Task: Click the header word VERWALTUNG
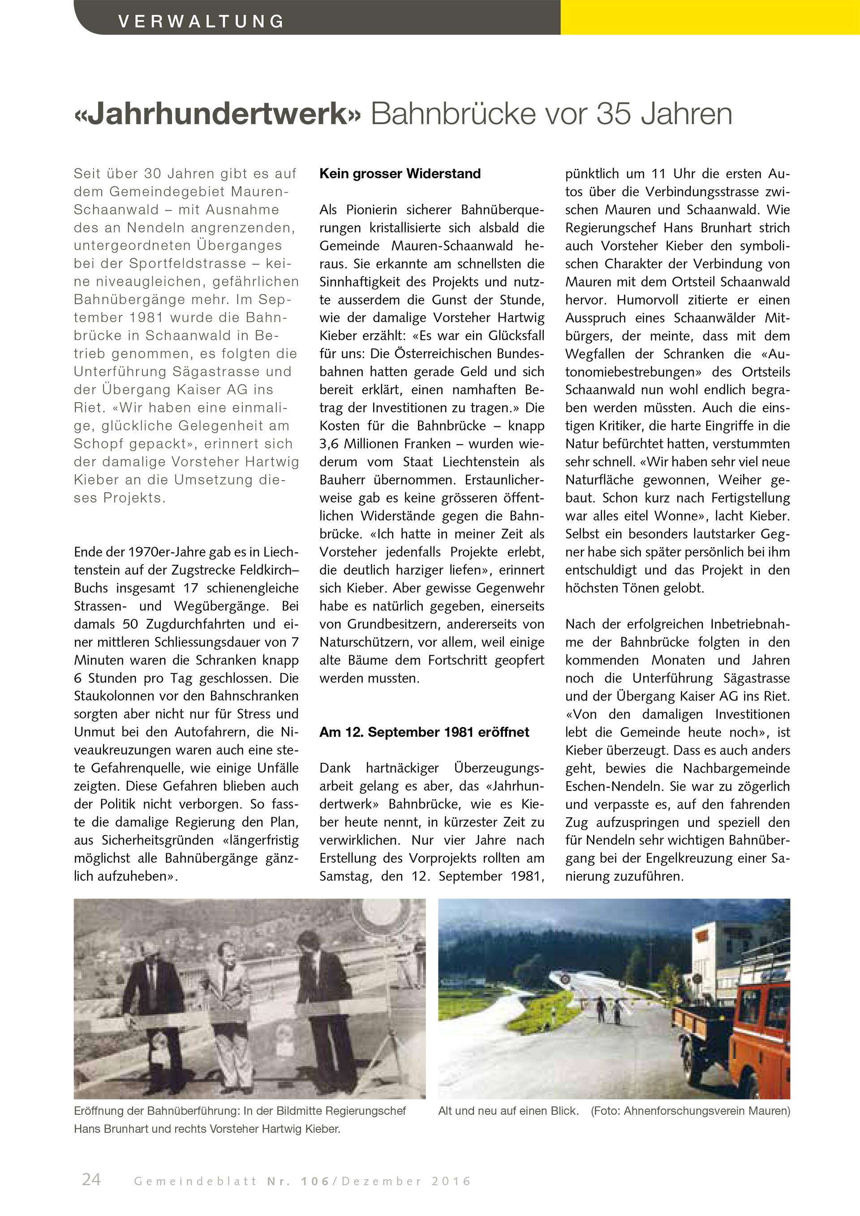point(201,21)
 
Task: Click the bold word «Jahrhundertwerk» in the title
point(218,114)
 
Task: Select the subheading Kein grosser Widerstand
point(400,174)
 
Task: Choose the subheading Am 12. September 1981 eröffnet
point(424,732)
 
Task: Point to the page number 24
point(91,1179)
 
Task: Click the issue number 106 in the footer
point(315,1181)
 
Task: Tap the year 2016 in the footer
point(451,1181)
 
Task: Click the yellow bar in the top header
point(709,17)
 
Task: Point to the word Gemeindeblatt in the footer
point(195,1181)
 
